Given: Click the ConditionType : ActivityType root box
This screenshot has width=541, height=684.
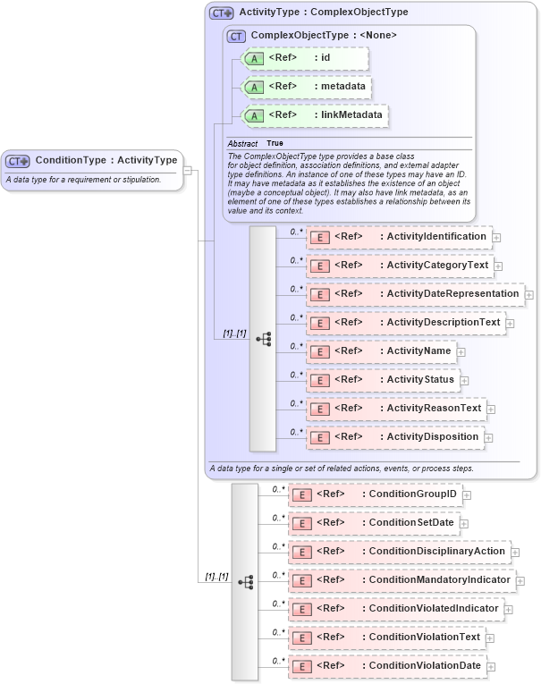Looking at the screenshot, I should pos(93,161).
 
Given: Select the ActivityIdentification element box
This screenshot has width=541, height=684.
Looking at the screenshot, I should pos(399,237).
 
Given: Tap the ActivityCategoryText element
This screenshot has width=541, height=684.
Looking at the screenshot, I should pos(400,266).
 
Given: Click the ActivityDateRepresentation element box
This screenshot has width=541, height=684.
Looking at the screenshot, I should pos(415,294).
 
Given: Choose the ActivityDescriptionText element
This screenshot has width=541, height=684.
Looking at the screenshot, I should pos(406,323).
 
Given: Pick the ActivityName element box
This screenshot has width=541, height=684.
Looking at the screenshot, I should pos(381,351).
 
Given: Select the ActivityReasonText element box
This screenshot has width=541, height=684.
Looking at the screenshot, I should pos(396,409).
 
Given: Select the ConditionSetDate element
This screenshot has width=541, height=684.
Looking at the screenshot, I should pos(374,523).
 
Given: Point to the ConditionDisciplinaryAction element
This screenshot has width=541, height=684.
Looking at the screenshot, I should pos(399,552).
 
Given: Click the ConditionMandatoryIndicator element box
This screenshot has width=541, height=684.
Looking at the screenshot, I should pos(402,580).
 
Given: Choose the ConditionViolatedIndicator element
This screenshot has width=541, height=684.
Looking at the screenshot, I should pos(395,609).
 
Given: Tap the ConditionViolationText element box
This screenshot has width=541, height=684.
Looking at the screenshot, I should pos(386,638).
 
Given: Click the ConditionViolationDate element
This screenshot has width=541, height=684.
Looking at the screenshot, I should pos(386,666).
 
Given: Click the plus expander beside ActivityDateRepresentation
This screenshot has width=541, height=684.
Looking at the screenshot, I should pos(529,294).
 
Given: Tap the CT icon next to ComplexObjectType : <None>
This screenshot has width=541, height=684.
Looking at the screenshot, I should pos(236,36).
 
